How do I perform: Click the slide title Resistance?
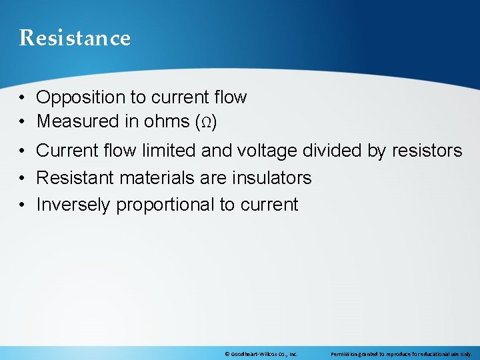(75, 38)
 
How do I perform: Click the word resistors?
(424, 151)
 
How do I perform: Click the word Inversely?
(73, 205)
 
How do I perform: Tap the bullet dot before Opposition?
(23, 98)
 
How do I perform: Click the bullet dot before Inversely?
(23, 205)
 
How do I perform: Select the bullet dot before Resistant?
(23, 178)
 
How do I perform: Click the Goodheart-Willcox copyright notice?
(261, 354)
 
